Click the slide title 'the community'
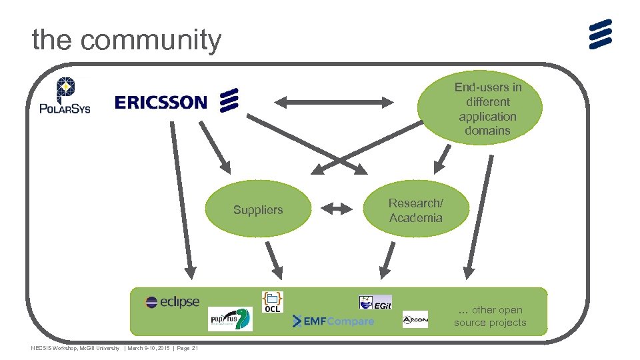[x=126, y=40]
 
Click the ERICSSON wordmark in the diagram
[x=161, y=102]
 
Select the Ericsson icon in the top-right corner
[x=600, y=34]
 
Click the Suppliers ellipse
[x=258, y=210]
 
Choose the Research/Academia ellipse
[x=415, y=210]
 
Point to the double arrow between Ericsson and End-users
[x=336, y=102]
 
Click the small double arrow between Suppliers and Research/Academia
[x=337, y=209]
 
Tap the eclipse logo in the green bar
[x=173, y=302]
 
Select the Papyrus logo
[x=230, y=319]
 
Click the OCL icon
[x=273, y=301]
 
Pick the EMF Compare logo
[x=333, y=322]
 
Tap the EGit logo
[x=375, y=302]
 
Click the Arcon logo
[x=415, y=320]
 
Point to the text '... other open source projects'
[x=490, y=316]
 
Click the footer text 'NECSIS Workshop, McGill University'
[x=75, y=348]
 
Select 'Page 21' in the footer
[x=187, y=348]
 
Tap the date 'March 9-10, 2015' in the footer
[x=148, y=348]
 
